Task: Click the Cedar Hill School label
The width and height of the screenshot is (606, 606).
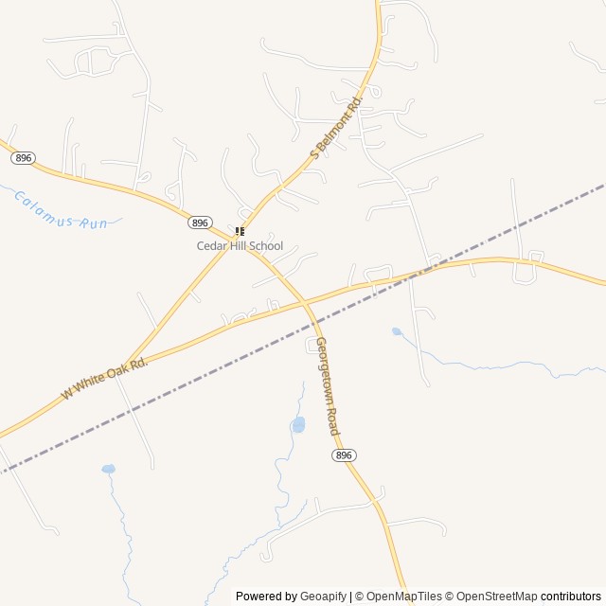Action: tap(240, 246)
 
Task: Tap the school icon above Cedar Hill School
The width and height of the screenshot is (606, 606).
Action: tap(240, 231)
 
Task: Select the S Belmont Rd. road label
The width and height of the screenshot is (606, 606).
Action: tap(337, 125)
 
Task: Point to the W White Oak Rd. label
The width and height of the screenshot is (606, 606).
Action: tap(105, 378)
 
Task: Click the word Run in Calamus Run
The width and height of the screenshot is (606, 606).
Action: tap(94, 223)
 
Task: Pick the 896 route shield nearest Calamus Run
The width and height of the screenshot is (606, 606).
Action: tap(24, 158)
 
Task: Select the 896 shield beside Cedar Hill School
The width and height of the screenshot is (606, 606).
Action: tap(199, 223)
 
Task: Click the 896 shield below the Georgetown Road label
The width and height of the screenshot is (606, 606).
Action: tap(344, 455)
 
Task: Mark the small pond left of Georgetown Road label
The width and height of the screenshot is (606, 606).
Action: tap(298, 424)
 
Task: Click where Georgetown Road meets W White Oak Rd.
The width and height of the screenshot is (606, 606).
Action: tap(305, 303)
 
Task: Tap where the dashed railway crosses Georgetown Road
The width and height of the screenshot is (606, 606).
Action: tap(313, 326)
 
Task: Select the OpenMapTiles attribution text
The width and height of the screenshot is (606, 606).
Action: tap(403, 597)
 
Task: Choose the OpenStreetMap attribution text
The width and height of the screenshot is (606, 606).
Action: tap(493, 597)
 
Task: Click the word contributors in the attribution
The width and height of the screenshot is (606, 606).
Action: tap(571, 597)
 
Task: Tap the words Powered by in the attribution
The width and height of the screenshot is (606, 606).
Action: tap(265, 597)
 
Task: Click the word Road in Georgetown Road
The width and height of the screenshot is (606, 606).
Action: tap(334, 423)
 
